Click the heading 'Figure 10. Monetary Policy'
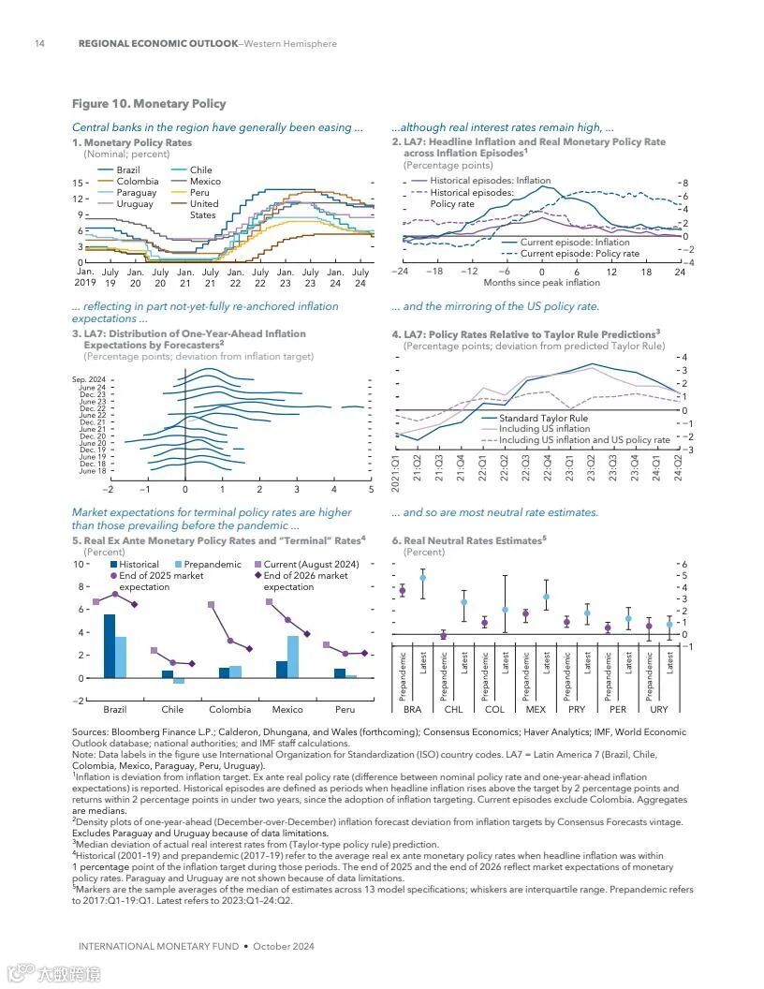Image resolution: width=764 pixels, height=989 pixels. point(149,103)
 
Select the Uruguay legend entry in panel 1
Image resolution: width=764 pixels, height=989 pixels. point(135,204)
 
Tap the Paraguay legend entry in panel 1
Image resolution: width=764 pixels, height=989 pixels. point(136,193)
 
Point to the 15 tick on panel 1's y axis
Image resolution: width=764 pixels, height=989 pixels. point(80,184)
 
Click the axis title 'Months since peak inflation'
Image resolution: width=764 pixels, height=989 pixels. point(541,283)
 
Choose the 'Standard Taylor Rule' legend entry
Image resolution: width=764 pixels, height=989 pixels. point(543,419)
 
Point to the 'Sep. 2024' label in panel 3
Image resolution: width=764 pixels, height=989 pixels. point(89,379)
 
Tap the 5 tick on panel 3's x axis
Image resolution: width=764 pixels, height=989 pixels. point(371,489)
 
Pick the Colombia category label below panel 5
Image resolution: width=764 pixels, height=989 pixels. point(230,710)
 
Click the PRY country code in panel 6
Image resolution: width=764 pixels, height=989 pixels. point(577,710)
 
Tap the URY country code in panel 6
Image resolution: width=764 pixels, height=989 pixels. point(659,710)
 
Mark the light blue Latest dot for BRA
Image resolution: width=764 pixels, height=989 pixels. point(422,578)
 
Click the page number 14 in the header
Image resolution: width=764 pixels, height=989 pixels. point(39,43)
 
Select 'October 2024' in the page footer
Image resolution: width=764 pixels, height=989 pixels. point(285,946)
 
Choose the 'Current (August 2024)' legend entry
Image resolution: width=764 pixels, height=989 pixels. point(311,565)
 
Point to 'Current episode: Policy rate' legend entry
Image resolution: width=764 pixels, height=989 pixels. point(580,254)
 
